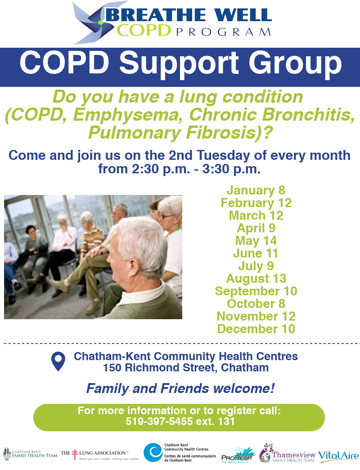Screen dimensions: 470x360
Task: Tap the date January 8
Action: [256, 190]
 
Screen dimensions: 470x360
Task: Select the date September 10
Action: [256, 291]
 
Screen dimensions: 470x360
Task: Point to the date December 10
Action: [256, 329]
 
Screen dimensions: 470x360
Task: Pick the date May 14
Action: [256, 241]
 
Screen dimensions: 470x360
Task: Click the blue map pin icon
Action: [58, 362]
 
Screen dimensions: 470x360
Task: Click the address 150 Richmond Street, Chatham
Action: [185, 368]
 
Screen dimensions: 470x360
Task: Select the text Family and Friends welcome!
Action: [180, 388]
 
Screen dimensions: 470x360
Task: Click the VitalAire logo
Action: [338, 456]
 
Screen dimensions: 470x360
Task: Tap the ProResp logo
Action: [238, 455]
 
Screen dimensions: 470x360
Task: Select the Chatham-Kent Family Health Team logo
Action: [30, 454]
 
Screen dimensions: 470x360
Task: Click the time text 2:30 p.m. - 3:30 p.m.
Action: [179, 170]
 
